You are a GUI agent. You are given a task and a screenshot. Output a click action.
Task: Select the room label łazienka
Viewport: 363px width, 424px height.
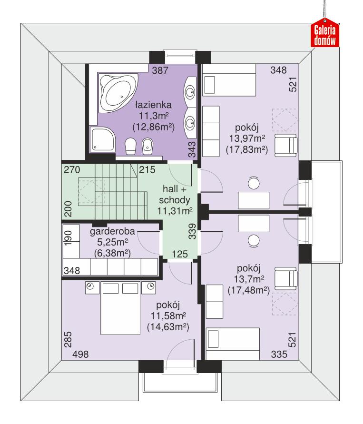coord(152,104)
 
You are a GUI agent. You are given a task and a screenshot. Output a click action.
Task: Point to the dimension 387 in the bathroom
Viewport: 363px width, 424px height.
coord(161,70)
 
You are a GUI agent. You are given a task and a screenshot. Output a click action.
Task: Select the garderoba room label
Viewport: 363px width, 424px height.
coord(113,232)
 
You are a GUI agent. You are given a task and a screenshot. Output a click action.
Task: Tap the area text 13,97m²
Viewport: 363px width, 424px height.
coord(245,138)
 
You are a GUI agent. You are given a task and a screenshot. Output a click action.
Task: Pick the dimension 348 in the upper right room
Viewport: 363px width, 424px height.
coord(278,70)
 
